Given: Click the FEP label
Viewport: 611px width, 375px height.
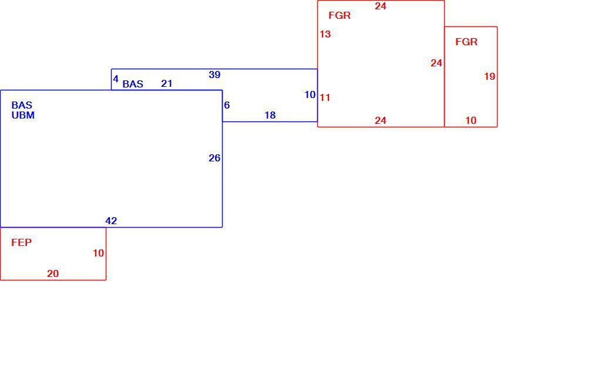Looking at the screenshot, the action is [x=21, y=242].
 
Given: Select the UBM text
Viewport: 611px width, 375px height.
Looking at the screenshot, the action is [x=23, y=115].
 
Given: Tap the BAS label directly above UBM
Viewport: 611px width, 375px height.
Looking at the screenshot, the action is [x=22, y=105].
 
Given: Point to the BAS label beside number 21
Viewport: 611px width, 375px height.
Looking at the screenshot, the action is [x=133, y=84].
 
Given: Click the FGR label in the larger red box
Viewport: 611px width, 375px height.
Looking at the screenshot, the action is [x=340, y=16].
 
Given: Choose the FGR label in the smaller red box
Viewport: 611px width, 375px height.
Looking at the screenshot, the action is [x=466, y=42].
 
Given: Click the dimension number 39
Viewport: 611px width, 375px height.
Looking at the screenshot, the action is [x=214, y=75].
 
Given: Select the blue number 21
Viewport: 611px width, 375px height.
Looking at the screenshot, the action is [x=167, y=83].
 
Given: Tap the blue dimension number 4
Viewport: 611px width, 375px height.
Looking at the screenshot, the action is [x=116, y=79].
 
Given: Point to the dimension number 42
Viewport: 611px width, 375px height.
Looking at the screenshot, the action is [x=111, y=221].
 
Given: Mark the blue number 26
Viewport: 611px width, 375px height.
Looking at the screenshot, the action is [x=214, y=158].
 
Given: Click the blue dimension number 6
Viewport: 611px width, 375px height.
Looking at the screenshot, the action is [x=227, y=105].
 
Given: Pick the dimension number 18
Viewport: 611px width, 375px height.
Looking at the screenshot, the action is [x=270, y=115].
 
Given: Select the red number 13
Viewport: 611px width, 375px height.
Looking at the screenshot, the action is [x=325, y=34].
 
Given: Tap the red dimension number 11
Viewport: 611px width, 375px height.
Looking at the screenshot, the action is [x=325, y=98].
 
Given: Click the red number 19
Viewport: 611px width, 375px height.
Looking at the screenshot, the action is [x=490, y=77].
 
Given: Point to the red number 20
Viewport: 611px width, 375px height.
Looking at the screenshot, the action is [x=53, y=273].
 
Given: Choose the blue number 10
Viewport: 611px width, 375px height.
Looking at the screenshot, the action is [x=310, y=94].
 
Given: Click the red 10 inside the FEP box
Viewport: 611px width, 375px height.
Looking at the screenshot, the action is [x=98, y=253].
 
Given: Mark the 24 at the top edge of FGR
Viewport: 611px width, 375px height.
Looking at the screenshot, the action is [x=381, y=6].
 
